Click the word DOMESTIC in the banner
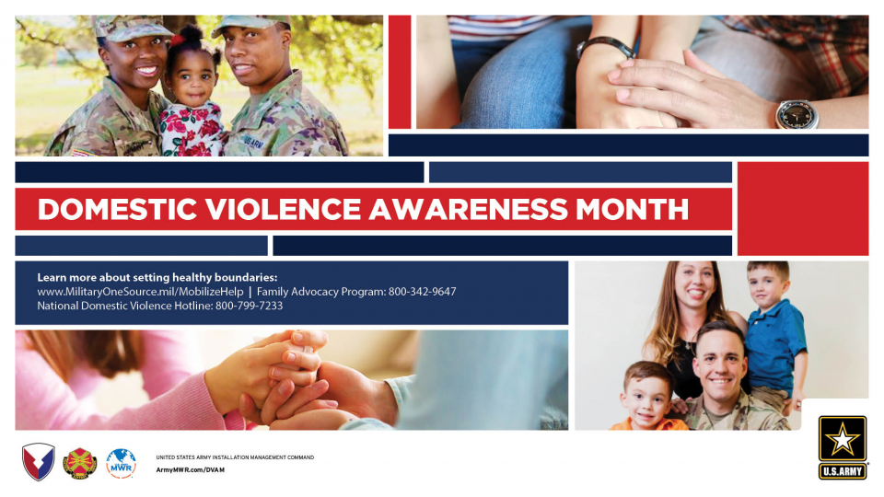point(117,209)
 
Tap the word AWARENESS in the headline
point(468,209)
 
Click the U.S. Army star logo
point(843,447)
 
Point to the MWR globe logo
point(122,463)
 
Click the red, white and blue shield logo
point(39,462)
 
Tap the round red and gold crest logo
point(79,464)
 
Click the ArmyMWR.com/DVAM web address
point(191,469)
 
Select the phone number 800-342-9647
point(423,292)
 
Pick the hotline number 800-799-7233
point(250,306)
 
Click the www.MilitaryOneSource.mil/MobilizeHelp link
point(140,292)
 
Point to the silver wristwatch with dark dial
point(797,114)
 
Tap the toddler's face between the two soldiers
point(192,81)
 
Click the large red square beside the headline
point(803,209)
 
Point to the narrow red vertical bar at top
point(400,72)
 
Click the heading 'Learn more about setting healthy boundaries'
point(157,277)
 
